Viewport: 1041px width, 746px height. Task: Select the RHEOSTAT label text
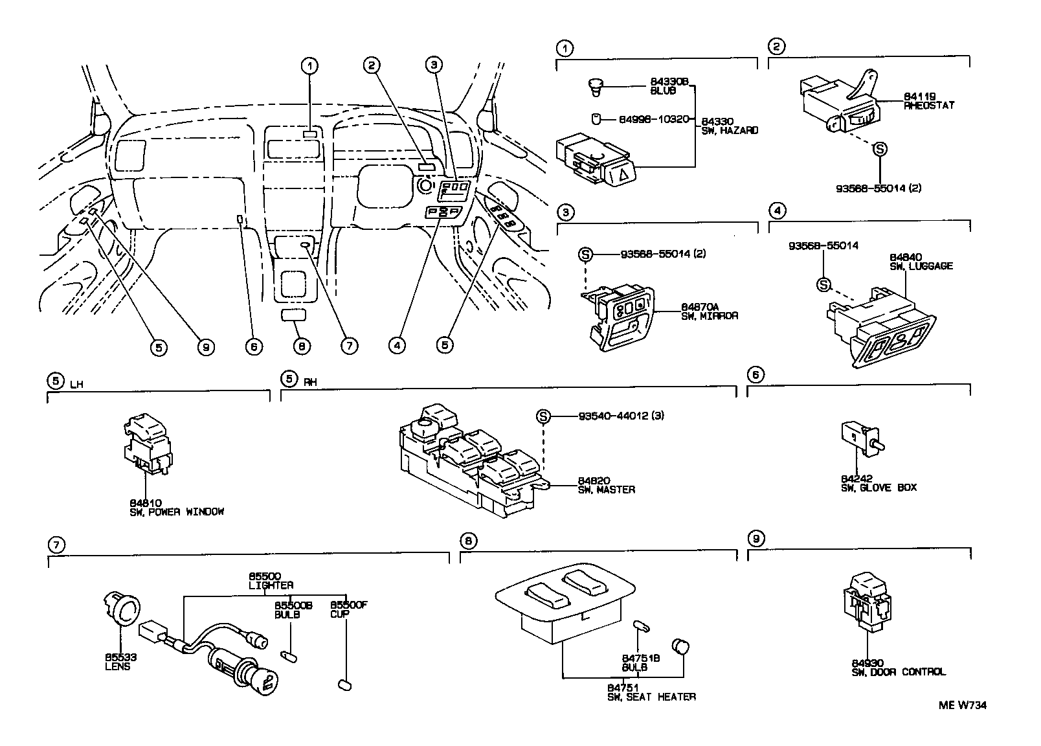point(929,105)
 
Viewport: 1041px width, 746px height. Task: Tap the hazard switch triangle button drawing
point(620,173)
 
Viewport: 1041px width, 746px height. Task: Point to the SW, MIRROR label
point(709,316)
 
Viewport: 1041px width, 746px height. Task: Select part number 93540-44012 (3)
point(621,416)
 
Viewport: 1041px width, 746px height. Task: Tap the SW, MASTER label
point(606,490)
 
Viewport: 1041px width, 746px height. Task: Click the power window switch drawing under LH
point(148,444)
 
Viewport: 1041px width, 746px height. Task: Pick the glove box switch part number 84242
point(855,479)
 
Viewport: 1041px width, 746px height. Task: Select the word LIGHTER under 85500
point(271,585)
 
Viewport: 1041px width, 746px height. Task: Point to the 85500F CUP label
point(348,609)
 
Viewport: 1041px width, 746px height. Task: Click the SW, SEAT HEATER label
point(651,697)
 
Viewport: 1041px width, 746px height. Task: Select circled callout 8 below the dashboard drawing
point(300,346)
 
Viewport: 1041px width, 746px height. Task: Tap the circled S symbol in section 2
point(880,149)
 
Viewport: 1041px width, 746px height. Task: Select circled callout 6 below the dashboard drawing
point(253,346)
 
